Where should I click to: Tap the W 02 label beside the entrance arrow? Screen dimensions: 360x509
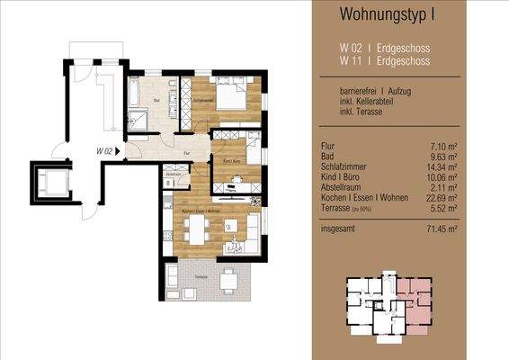[x=103, y=151]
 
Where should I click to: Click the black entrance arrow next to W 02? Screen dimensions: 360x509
[x=118, y=151]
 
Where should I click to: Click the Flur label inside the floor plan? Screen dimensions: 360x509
[x=185, y=153]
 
